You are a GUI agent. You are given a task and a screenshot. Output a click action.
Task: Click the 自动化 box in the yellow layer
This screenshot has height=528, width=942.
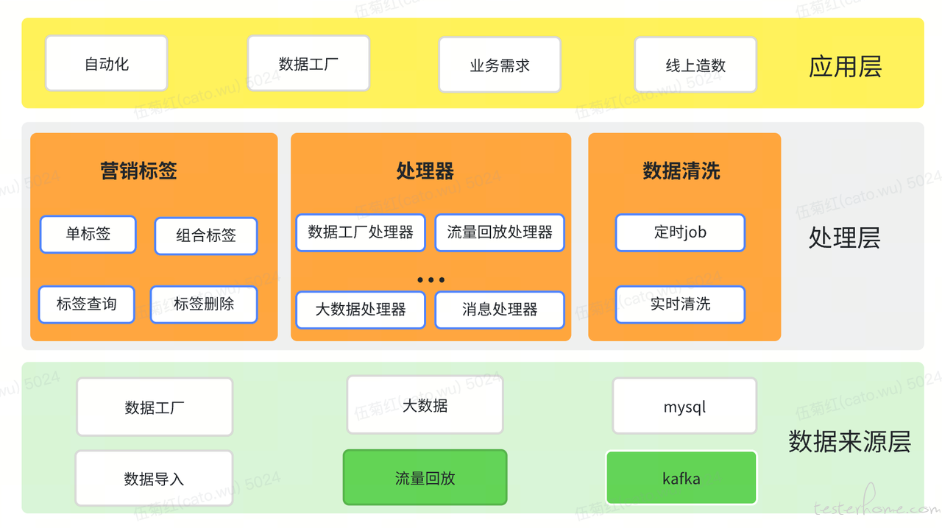pos(107,63)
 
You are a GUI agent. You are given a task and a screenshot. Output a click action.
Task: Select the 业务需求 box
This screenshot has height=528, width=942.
pos(500,65)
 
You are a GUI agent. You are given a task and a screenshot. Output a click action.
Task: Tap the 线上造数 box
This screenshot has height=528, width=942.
pos(695,65)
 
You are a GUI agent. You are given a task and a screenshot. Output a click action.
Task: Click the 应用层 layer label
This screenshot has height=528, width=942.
pos(845,66)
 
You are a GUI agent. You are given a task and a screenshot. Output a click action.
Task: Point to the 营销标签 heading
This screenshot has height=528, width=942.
pos(139,171)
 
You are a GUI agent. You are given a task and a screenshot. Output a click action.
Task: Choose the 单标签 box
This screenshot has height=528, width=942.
pos(88,234)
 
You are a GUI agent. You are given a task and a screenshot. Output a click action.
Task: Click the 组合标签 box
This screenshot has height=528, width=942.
pos(206,236)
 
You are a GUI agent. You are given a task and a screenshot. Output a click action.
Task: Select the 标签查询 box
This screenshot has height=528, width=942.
pos(87,304)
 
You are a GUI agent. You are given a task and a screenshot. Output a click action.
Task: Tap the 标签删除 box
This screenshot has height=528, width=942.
pos(204,304)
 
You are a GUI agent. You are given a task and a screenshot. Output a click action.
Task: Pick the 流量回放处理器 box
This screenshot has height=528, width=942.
pos(500,233)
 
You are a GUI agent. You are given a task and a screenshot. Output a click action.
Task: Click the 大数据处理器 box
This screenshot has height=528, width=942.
pos(361,310)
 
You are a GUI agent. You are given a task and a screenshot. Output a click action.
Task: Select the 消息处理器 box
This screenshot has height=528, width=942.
pos(500,310)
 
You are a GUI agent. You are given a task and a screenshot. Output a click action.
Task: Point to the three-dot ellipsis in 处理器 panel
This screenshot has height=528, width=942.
pos(431,280)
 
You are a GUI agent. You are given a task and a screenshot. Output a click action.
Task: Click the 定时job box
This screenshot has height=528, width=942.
pos(680,233)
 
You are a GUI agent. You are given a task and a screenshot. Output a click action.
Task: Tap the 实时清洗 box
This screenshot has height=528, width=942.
pos(680,304)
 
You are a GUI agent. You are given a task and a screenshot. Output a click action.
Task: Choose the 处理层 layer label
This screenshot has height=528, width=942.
pos(844,238)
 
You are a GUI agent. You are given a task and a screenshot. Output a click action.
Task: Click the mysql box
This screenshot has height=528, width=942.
pos(684,406)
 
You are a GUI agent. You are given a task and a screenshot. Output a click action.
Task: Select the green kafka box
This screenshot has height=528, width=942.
pos(681,478)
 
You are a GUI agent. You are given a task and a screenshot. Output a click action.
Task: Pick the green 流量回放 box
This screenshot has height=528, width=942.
pos(425,477)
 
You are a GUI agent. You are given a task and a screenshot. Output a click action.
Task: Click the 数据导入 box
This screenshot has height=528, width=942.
pos(154,479)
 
